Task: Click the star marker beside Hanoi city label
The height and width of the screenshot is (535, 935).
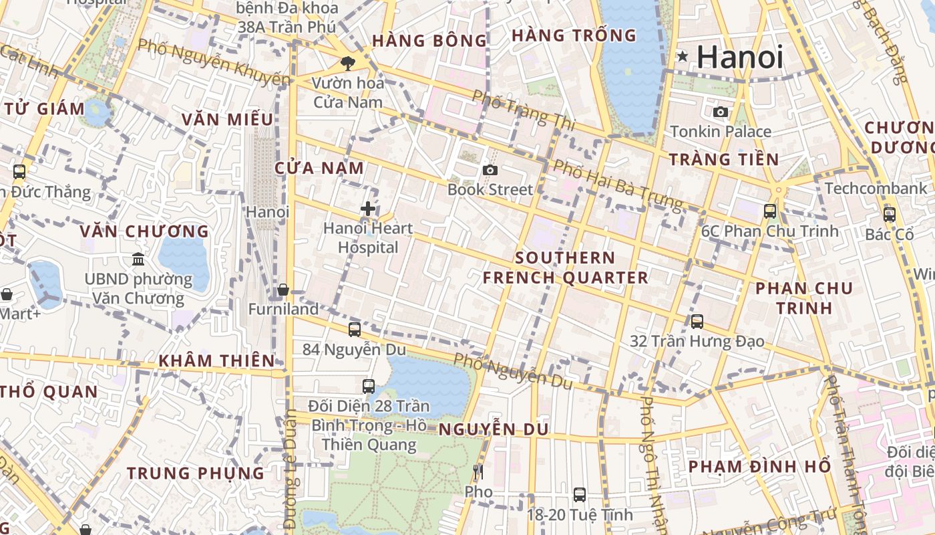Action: [x=683, y=57]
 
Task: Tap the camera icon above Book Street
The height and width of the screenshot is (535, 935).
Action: [x=490, y=171]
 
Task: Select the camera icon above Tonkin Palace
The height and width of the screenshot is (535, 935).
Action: [x=721, y=112]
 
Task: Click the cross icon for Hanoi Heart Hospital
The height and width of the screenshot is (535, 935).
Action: [x=367, y=209]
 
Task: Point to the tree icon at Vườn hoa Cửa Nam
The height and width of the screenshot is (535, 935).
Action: [x=347, y=64]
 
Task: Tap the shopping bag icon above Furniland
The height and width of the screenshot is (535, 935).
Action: [x=283, y=290]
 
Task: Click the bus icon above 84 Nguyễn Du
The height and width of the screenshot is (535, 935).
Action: [x=355, y=329]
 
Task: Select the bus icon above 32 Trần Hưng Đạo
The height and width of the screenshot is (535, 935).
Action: [x=697, y=321]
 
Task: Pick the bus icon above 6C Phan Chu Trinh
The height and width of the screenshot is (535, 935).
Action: [x=770, y=211]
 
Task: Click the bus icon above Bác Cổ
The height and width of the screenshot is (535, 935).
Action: [x=890, y=215]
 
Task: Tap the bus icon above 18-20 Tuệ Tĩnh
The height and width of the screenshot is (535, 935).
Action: [x=580, y=495]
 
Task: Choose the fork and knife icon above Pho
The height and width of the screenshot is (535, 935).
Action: [x=478, y=472]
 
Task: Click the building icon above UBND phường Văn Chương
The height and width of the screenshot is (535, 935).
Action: [x=138, y=259]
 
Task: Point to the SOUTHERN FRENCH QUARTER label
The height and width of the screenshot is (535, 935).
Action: [x=566, y=267]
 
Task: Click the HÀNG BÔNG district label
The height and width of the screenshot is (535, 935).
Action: [x=429, y=41]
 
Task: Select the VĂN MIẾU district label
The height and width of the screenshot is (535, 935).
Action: [x=228, y=120]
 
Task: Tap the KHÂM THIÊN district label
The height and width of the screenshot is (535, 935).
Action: [x=216, y=361]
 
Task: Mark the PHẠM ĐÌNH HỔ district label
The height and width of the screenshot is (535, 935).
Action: [x=759, y=466]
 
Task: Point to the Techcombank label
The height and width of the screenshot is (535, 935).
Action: [x=876, y=189]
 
